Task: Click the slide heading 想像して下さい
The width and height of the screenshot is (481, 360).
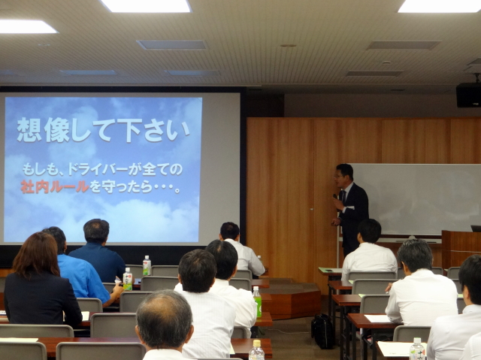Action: [x=104, y=130]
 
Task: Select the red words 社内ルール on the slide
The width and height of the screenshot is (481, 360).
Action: [x=55, y=186]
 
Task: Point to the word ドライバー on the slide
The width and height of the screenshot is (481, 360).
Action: [x=98, y=169]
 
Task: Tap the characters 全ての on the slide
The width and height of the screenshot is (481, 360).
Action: [x=162, y=169]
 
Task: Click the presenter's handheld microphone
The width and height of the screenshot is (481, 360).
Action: [x=336, y=198]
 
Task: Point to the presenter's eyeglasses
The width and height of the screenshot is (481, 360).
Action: [x=339, y=177]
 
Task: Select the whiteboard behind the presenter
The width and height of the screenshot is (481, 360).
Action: [x=415, y=199]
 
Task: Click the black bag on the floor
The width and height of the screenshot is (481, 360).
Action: [x=322, y=331]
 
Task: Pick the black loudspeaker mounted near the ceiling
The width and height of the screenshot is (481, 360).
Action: [x=468, y=95]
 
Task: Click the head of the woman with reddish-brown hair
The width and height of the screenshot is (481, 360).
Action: [x=35, y=253]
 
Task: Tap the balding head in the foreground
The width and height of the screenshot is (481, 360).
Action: [x=164, y=319]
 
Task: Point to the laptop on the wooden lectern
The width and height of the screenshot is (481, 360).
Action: [x=476, y=228]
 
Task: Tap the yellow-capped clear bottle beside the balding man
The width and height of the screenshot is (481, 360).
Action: [x=256, y=350]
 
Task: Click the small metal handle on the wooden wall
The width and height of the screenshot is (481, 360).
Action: [x=312, y=210]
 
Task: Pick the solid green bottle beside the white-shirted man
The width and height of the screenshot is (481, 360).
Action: [x=257, y=302]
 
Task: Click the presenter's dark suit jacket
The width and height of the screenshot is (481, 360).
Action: [x=353, y=215]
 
